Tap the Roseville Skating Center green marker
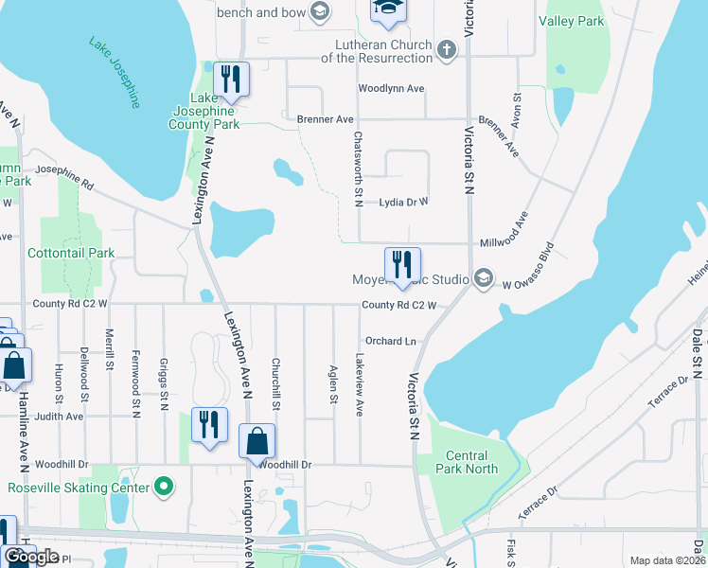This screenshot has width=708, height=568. (164, 488)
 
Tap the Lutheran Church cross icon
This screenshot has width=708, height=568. (447, 46)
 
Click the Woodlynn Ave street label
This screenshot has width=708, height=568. (390, 89)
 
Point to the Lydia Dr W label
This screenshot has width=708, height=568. (403, 202)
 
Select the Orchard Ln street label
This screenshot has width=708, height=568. (390, 341)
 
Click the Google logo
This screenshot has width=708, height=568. (31, 557)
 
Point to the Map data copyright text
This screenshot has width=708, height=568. (667, 560)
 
